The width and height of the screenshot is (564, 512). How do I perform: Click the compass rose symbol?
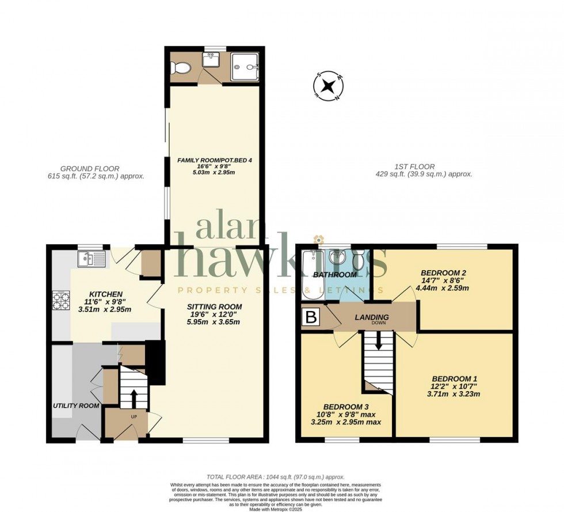pos(329,86)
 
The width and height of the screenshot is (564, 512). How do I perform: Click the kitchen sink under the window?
pos(92,260)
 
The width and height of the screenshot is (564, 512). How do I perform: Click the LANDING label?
pos(371,317)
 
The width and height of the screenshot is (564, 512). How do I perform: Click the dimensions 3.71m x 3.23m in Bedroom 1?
pos(453,394)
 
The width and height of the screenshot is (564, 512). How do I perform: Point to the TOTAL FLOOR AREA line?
pos(276,477)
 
